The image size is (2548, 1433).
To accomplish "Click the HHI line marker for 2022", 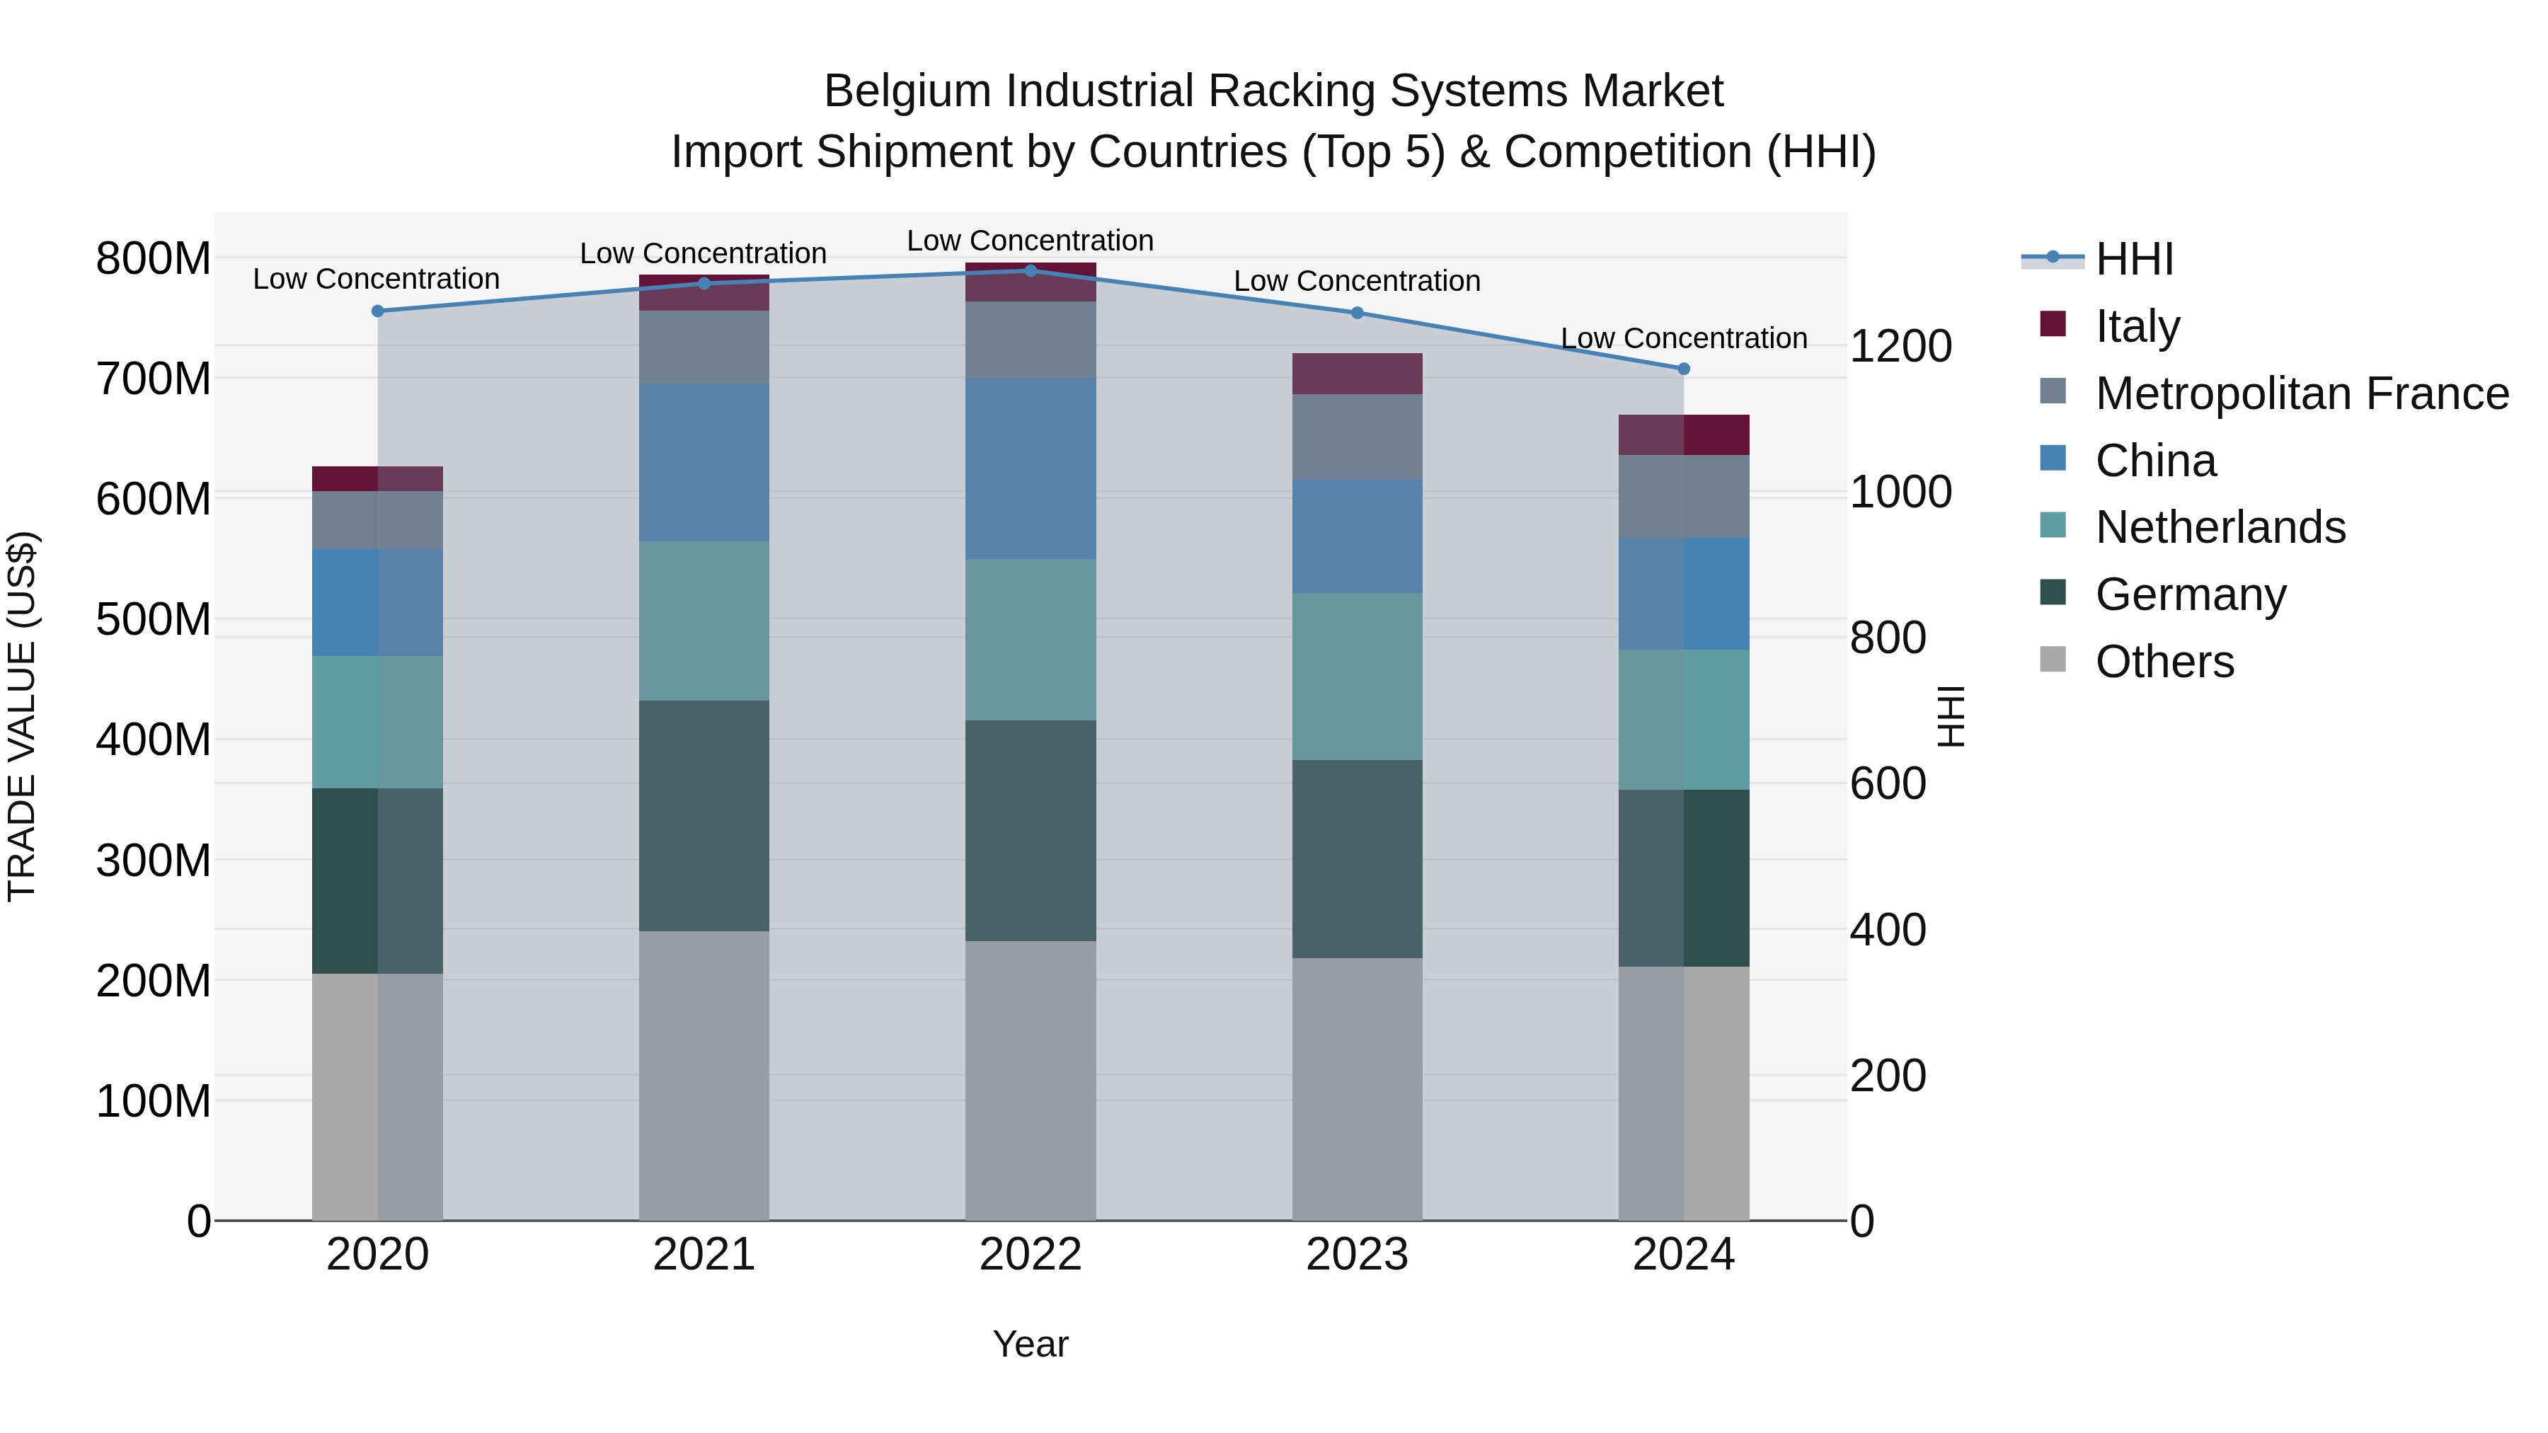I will pyautogui.click(x=1030, y=270).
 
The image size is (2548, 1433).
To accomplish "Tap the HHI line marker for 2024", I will pyautogui.click(x=1684, y=368).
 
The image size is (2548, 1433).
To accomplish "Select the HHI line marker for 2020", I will pyautogui.click(x=377, y=311).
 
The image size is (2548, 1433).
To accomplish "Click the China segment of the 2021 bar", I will pyautogui.click(x=704, y=462).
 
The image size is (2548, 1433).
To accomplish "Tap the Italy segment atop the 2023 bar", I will pyautogui.click(x=1356, y=373).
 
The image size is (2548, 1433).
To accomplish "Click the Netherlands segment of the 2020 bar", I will pyautogui.click(x=377, y=721).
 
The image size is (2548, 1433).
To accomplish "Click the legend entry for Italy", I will pyautogui.click(x=2137, y=326).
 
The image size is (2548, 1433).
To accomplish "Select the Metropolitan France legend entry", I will pyautogui.click(x=2301, y=393).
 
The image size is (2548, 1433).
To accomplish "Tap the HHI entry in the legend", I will pyautogui.click(x=2133, y=259).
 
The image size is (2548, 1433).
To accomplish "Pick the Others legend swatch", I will pyautogui.click(x=2053, y=660).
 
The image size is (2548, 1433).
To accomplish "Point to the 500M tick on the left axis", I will pyautogui.click(x=154, y=619).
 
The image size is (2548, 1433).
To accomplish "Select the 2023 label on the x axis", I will pyautogui.click(x=1356, y=1254).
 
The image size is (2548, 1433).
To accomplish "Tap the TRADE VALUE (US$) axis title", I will pyautogui.click(x=22, y=716).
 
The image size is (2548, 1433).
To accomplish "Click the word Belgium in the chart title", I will pyautogui.click(x=907, y=91).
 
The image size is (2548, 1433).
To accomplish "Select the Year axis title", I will pyautogui.click(x=1030, y=1344).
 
